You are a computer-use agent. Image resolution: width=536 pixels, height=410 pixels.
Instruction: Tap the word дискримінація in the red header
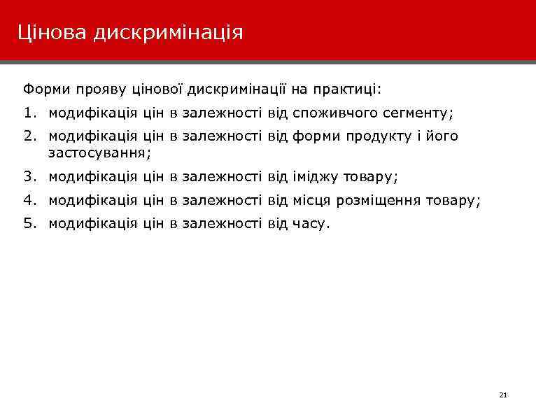pyautogui.click(x=167, y=32)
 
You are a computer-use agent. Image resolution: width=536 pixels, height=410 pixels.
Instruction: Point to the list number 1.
pyautogui.click(x=27, y=113)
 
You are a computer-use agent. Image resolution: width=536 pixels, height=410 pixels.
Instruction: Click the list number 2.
pyautogui.click(x=27, y=136)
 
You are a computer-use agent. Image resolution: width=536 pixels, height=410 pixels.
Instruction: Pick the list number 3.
pyautogui.click(x=27, y=178)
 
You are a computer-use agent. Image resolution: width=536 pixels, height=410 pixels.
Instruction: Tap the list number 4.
pyautogui.click(x=27, y=201)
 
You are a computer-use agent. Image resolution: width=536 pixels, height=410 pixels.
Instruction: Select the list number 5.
pyautogui.click(x=27, y=224)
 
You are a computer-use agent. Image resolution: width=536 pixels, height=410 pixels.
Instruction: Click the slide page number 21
pyautogui.click(x=502, y=395)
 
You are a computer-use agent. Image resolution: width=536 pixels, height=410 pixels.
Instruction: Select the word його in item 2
pyautogui.click(x=444, y=136)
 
